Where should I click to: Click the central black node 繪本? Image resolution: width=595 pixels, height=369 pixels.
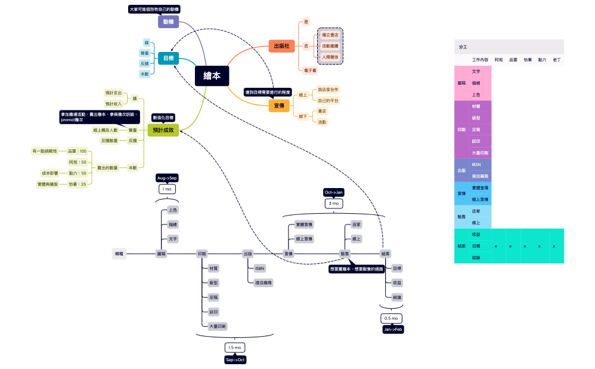(x=212, y=76)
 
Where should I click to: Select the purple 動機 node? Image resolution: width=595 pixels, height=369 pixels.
(x=168, y=21)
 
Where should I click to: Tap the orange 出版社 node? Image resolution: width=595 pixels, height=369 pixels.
(x=281, y=46)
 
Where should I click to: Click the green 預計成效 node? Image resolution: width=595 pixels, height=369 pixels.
(x=163, y=130)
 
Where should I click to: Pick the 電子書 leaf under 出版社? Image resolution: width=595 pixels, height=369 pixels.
(x=311, y=70)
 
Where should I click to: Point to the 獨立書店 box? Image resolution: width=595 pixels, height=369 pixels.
(x=330, y=35)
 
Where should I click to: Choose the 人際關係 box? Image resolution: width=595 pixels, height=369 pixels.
(x=330, y=57)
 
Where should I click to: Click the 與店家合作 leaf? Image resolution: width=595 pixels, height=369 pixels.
(x=328, y=90)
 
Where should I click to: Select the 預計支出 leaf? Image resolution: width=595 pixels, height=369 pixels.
(x=113, y=93)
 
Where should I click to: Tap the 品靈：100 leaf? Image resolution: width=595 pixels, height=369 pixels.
(x=78, y=151)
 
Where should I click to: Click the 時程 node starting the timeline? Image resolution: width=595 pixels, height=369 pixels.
(x=120, y=254)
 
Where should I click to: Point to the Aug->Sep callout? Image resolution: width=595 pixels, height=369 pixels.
(x=167, y=178)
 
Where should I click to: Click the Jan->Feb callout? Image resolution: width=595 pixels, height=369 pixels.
(x=393, y=329)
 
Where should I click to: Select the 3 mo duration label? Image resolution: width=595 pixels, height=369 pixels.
(x=334, y=204)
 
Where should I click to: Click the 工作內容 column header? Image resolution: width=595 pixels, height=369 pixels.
(x=480, y=60)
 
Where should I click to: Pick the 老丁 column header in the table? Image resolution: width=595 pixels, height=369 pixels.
(x=556, y=60)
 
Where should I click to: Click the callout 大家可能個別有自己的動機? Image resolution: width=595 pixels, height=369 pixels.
(x=154, y=9)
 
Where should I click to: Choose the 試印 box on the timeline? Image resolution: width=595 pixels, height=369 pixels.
(x=213, y=311)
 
